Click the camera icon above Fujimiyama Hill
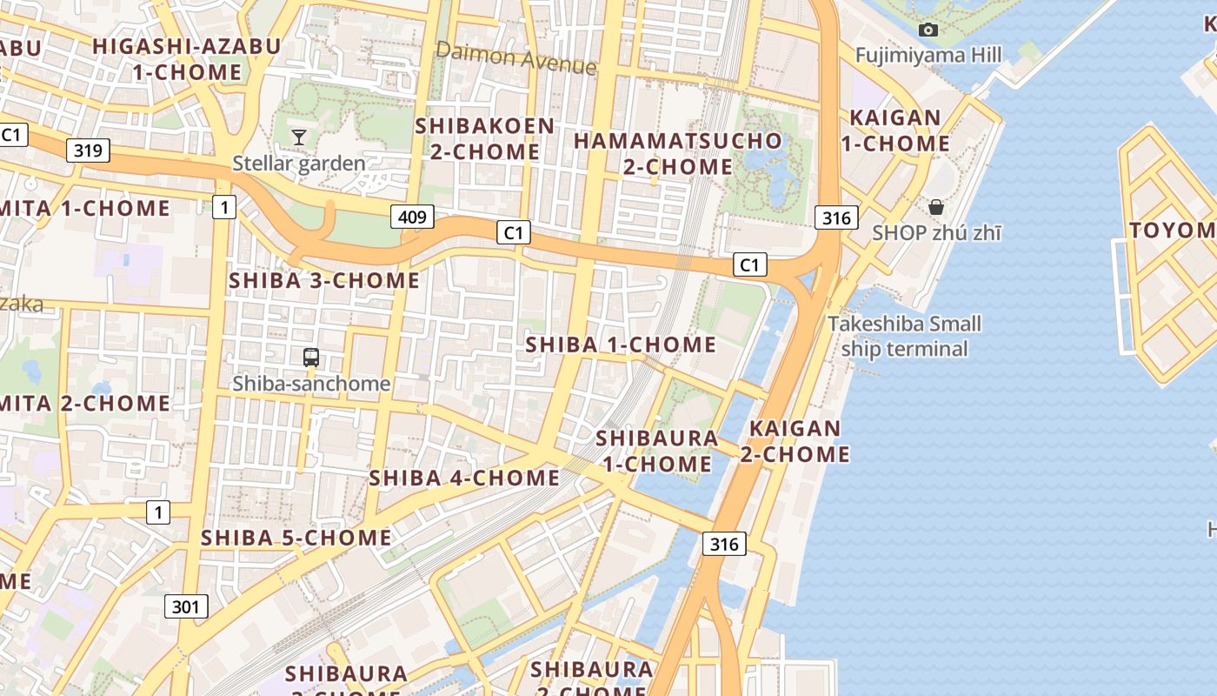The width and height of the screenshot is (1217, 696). (x=928, y=30)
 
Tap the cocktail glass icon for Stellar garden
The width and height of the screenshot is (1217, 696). (x=299, y=137)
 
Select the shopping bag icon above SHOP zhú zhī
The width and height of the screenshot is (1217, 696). (x=936, y=207)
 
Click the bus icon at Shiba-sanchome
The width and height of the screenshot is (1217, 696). (x=311, y=357)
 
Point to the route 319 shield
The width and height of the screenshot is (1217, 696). (x=88, y=151)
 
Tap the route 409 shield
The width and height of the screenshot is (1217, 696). (x=412, y=217)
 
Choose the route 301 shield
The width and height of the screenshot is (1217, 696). (x=186, y=606)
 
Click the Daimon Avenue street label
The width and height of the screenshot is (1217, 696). (x=516, y=57)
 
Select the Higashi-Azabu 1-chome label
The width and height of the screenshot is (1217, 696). (x=187, y=59)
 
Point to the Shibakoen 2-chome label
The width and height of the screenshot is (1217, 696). (x=485, y=138)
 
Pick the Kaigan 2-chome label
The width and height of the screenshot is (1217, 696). (x=795, y=441)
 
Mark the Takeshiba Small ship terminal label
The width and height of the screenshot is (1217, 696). (x=904, y=336)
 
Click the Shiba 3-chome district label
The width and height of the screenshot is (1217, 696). (x=324, y=280)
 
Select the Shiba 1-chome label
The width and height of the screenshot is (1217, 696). (x=621, y=345)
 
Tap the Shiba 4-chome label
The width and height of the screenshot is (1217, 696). (x=465, y=478)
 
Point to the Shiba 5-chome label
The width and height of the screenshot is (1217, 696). (x=296, y=538)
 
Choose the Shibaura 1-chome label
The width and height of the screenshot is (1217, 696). (x=658, y=451)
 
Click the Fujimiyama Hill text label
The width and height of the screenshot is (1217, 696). (x=928, y=56)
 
